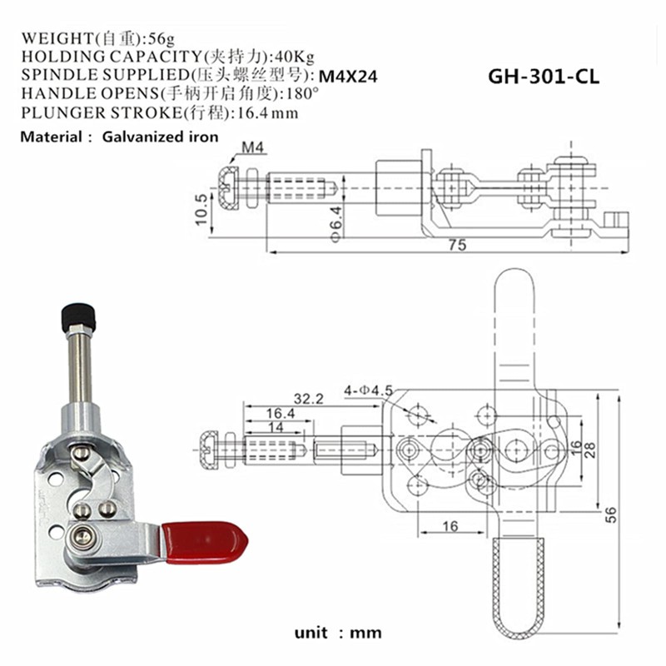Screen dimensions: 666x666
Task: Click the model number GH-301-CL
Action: pos(543,77)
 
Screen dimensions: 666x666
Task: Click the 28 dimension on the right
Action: pos(590,450)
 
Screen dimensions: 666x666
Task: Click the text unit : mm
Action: pos(337,633)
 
